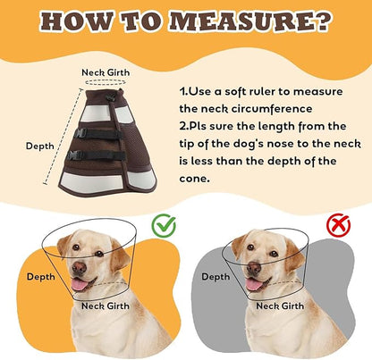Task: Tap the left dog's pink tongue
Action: (79, 285)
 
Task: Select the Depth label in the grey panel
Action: (216, 277)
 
